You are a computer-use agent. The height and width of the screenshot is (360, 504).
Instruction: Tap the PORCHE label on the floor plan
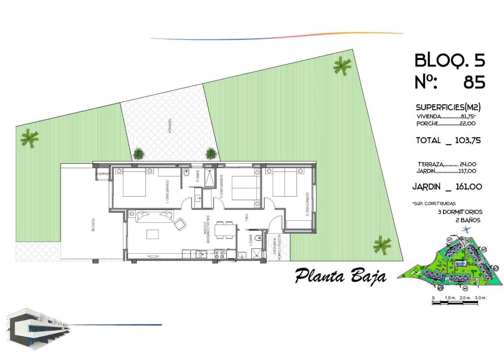92,224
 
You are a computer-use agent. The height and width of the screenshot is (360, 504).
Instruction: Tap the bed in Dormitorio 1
131,183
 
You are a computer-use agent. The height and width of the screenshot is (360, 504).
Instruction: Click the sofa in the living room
155,215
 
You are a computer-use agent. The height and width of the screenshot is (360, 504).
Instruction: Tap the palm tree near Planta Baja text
381,244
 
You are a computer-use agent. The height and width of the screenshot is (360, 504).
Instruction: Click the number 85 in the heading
474,82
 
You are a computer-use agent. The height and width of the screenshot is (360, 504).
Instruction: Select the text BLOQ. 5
450,60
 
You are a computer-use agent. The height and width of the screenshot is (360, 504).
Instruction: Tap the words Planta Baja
340,276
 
